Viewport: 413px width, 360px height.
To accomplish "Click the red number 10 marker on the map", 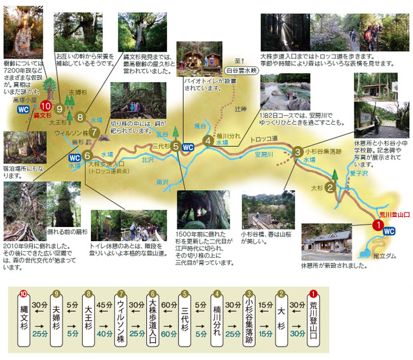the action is [x=45, y=106].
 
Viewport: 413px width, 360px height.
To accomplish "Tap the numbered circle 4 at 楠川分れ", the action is [x=208, y=141].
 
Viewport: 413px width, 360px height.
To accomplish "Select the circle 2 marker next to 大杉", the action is [x=330, y=188].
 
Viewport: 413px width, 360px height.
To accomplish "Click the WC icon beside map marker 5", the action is [x=188, y=148].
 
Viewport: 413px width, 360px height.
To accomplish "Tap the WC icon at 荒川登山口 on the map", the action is [x=390, y=232].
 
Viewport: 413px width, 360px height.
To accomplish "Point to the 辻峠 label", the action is [x=240, y=109].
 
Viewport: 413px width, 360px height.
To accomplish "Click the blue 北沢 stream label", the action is [x=147, y=160].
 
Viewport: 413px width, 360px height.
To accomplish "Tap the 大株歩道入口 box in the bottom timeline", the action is [x=152, y=318].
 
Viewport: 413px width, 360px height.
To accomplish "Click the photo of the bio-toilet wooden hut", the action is [x=194, y=59].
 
